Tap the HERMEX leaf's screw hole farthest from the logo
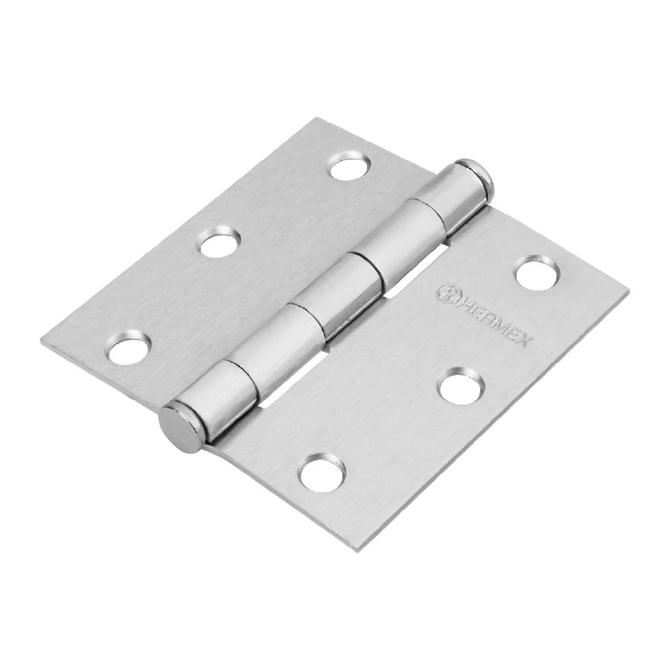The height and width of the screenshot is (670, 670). coord(322,473)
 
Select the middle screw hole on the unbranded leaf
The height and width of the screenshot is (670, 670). coord(219,243)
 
